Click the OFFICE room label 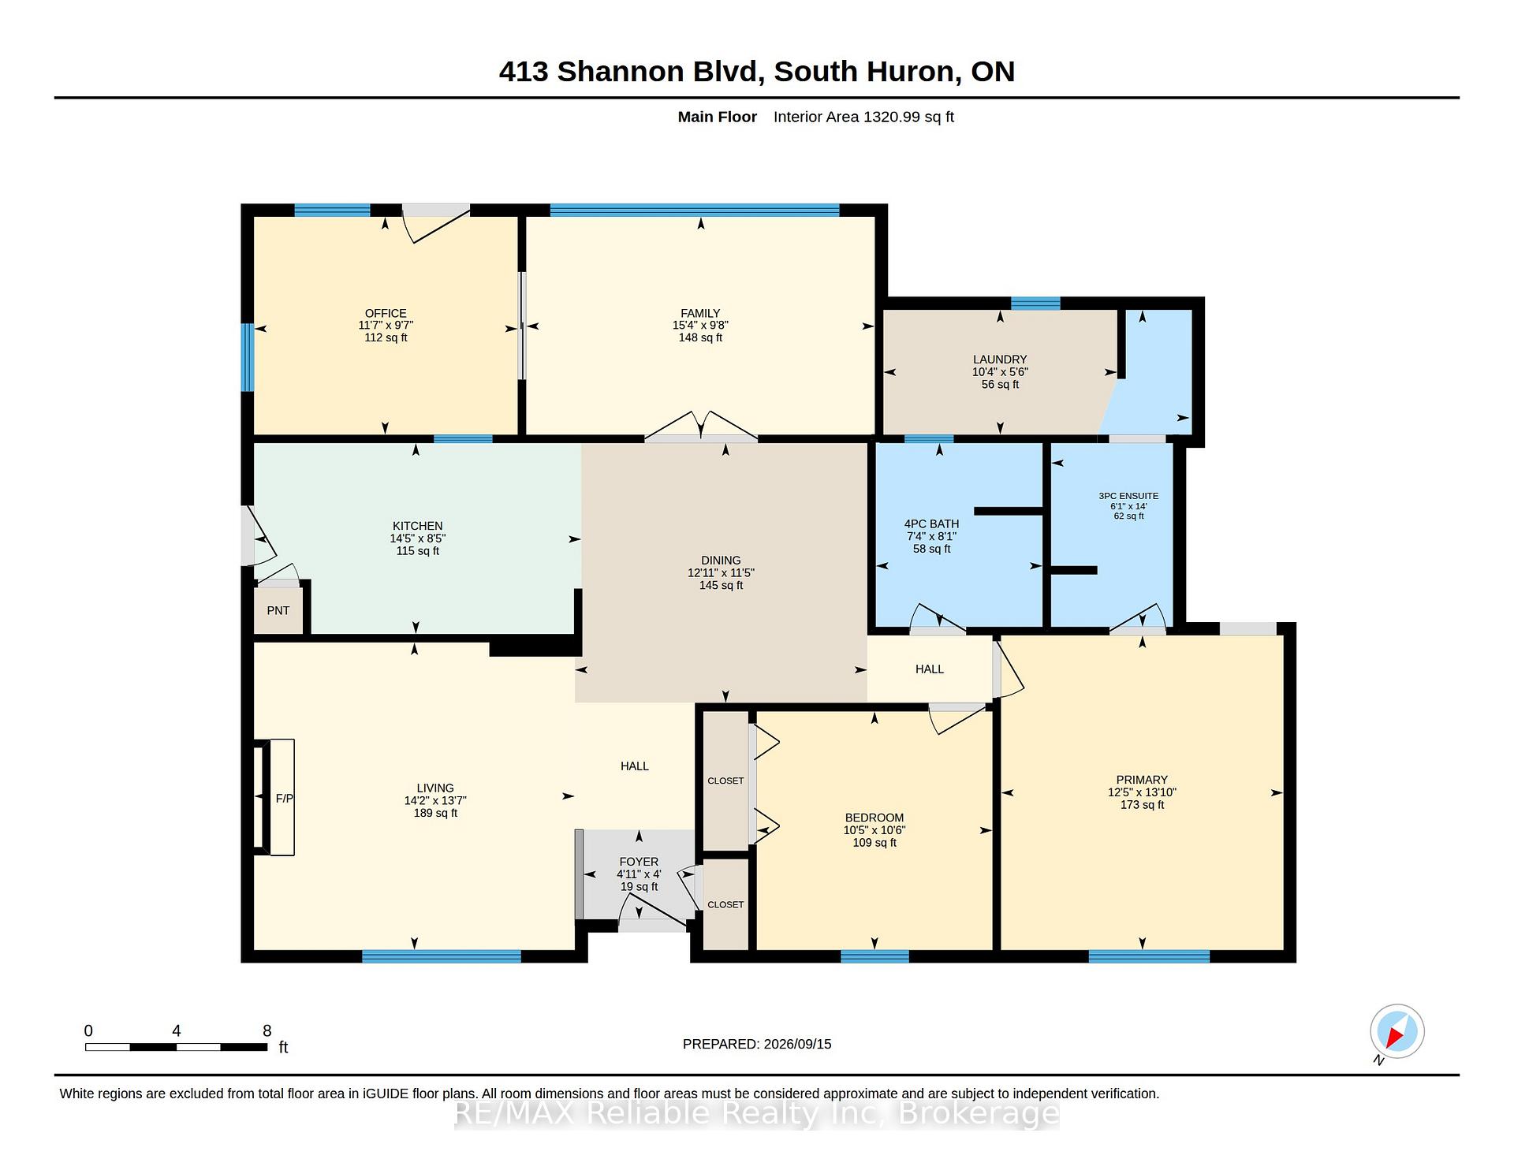386,313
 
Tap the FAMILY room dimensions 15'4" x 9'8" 700,325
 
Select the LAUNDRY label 1000,360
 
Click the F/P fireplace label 285,799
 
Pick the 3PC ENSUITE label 1128,496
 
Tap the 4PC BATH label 931,524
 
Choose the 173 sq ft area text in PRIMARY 1142,805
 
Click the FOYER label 639,862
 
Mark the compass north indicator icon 1397,1032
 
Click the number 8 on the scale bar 267,1030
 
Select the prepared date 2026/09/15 797,1044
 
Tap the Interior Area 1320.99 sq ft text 863,117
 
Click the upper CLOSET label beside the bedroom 725,781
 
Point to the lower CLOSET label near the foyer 725,904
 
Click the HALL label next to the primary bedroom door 930,669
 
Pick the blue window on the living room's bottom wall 442,956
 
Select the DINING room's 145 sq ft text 721,586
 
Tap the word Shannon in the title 621,72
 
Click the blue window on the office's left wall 248,357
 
